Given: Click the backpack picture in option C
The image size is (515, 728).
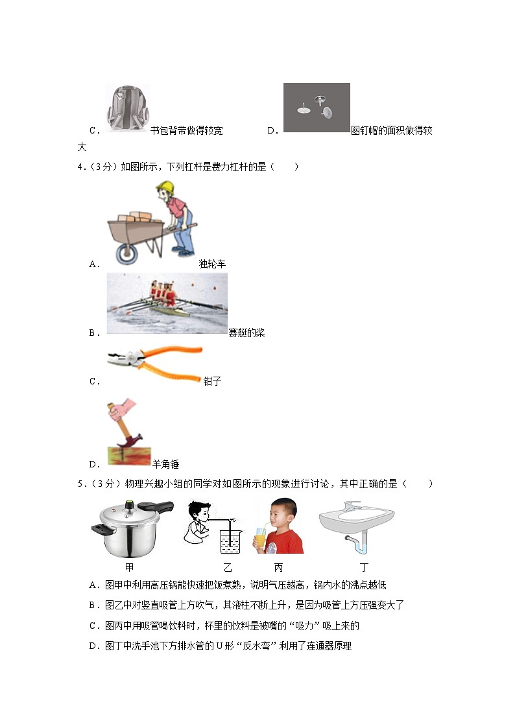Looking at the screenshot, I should (127, 110).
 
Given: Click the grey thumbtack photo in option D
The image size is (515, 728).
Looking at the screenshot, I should (317, 108).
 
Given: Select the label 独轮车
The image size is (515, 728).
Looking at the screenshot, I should (212, 264).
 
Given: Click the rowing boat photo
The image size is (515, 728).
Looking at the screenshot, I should (167, 303).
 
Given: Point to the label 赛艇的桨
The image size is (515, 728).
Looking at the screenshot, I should (246, 333).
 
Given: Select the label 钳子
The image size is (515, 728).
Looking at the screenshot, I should (212, 381).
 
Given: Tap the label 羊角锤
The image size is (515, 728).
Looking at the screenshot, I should (165, 464).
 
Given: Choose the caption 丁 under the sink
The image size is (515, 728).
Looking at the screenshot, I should (365, 567).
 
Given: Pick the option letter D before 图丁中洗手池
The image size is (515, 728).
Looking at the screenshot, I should (93, 646).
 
